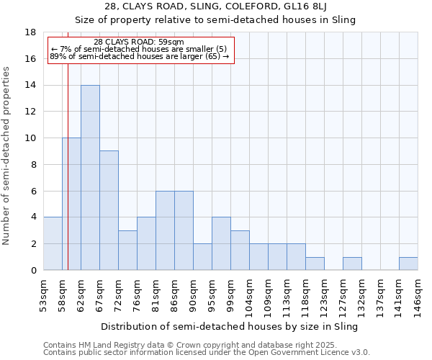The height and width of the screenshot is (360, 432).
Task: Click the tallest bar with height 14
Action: pyautogui.click(x=90, y=178)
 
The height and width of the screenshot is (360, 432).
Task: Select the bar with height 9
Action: pyautogui.click(x=109, y=210)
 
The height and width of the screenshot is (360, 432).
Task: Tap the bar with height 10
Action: pyautogui.click(x=71, y=204)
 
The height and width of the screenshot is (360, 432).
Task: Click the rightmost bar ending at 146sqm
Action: pyautogui.click(x=408, y=264)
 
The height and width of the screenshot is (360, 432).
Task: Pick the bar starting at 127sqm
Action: pyautogui.click(x=352, y=264)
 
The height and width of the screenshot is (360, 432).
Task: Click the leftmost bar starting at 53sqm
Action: pyautogui.click(x=53, y=243)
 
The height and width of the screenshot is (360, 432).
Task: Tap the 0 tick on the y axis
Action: pyautogui.click(x=33, y=270)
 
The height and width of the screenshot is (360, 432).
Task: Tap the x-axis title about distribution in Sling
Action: pyautogui.click(x=229, y=326)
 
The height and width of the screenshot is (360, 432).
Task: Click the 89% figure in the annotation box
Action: pyautogui.click(x=58, y=56)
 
